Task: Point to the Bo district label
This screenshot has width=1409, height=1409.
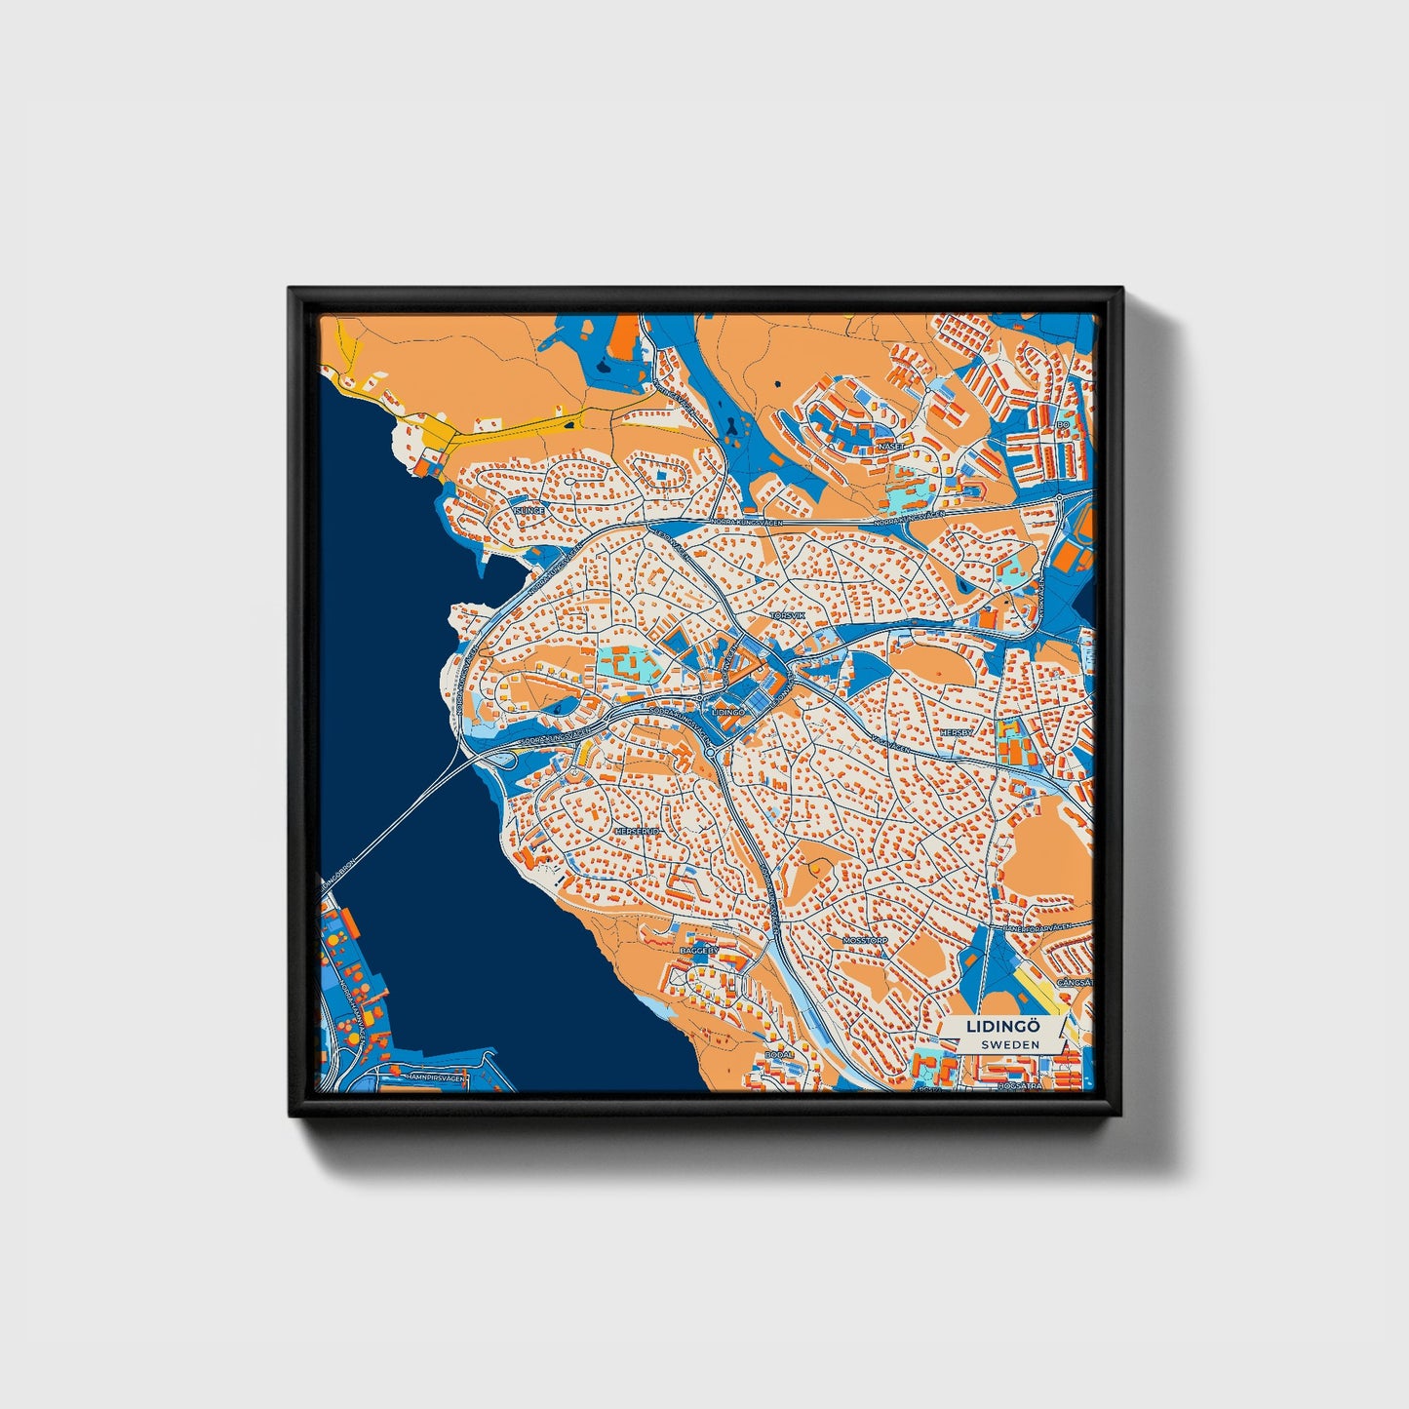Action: [x=1063, y=425]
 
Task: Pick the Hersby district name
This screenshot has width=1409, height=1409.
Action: [x=956, y=731]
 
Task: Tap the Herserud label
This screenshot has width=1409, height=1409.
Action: [x=638, y=831]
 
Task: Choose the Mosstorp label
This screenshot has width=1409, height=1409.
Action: [x=863, y=941]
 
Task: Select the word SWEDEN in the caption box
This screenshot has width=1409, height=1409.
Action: [x=1009, y=1044]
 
